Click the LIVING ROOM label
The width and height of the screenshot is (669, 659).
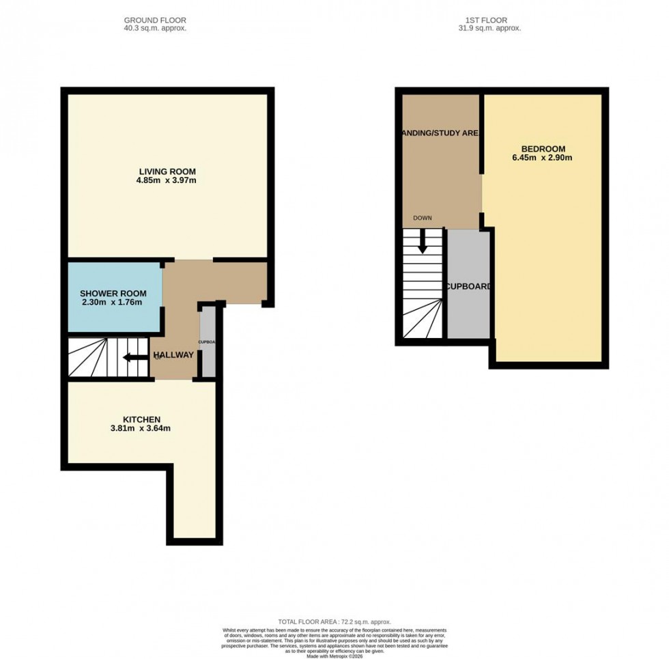click(167, 171)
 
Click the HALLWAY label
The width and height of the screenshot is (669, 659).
click(173, 355)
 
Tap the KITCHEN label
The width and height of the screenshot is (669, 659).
click(141, 419)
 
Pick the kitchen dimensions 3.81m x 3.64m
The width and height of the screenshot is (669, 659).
click(141, 429)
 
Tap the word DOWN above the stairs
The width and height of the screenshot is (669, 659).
click(422, 218)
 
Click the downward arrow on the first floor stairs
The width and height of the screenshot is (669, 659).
click(423, 242)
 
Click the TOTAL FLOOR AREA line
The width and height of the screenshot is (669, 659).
click(334, 622)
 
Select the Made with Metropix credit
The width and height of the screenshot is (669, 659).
click(334, 656)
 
